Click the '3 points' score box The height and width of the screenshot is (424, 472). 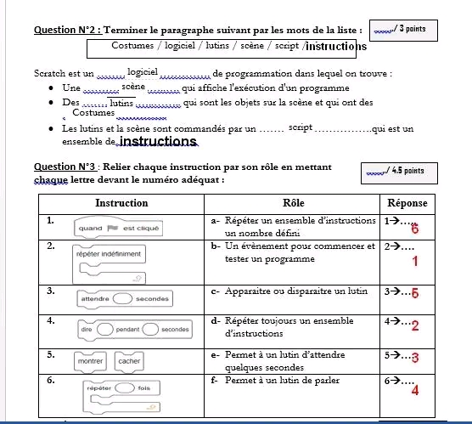403,31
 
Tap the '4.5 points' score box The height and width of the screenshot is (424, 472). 399,173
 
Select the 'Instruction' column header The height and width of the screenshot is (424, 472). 121,203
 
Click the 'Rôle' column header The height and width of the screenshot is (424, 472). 293,203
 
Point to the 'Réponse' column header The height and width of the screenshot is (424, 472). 407,203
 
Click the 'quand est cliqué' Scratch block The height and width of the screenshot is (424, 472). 118,228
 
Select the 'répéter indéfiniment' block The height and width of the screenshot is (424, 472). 109,264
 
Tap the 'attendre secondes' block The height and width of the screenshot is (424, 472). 125,298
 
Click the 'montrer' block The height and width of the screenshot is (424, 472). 90,361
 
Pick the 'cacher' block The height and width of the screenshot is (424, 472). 129,361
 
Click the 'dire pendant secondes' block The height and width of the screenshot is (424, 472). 135,330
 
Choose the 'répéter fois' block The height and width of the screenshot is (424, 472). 121,396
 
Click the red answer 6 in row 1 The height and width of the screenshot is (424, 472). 415,229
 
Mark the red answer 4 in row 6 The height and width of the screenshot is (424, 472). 415,391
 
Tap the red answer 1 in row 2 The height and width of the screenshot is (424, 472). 415,261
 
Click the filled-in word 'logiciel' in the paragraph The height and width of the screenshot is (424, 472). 143,71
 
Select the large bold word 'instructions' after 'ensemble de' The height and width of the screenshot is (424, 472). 158,141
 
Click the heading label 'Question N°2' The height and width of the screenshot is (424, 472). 68,30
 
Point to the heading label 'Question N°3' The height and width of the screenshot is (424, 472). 65,167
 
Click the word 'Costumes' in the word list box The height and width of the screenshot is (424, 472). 132,46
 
